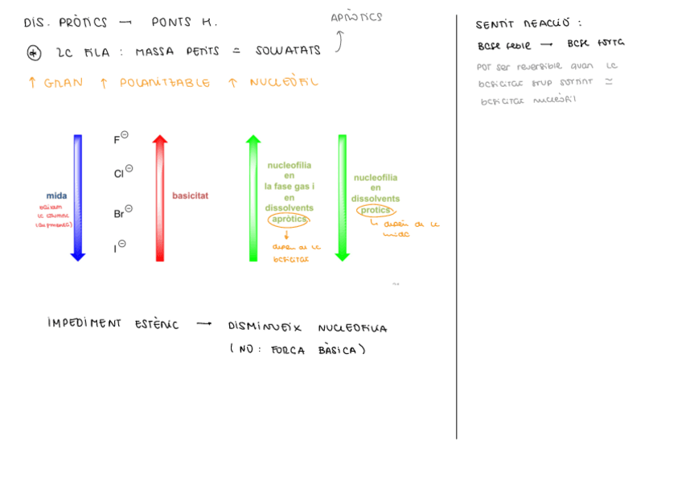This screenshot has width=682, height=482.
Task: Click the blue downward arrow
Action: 78,197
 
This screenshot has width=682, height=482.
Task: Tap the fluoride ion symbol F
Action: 117,140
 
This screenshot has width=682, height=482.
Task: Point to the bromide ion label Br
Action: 119,214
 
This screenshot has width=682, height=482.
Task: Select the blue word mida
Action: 56,196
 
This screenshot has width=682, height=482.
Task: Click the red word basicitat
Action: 191,196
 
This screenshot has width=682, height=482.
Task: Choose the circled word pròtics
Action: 375,210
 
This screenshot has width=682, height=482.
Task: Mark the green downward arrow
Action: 343,197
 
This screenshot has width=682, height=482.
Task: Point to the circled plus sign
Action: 34,52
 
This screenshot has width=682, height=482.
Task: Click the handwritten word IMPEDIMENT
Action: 84,323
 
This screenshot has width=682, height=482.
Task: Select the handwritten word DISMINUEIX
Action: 264,328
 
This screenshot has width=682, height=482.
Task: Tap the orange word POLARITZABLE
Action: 165,83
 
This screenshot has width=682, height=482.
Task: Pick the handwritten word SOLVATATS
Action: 288,51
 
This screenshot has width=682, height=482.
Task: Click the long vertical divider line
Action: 457,225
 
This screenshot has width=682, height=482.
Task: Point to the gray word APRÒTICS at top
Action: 356,17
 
